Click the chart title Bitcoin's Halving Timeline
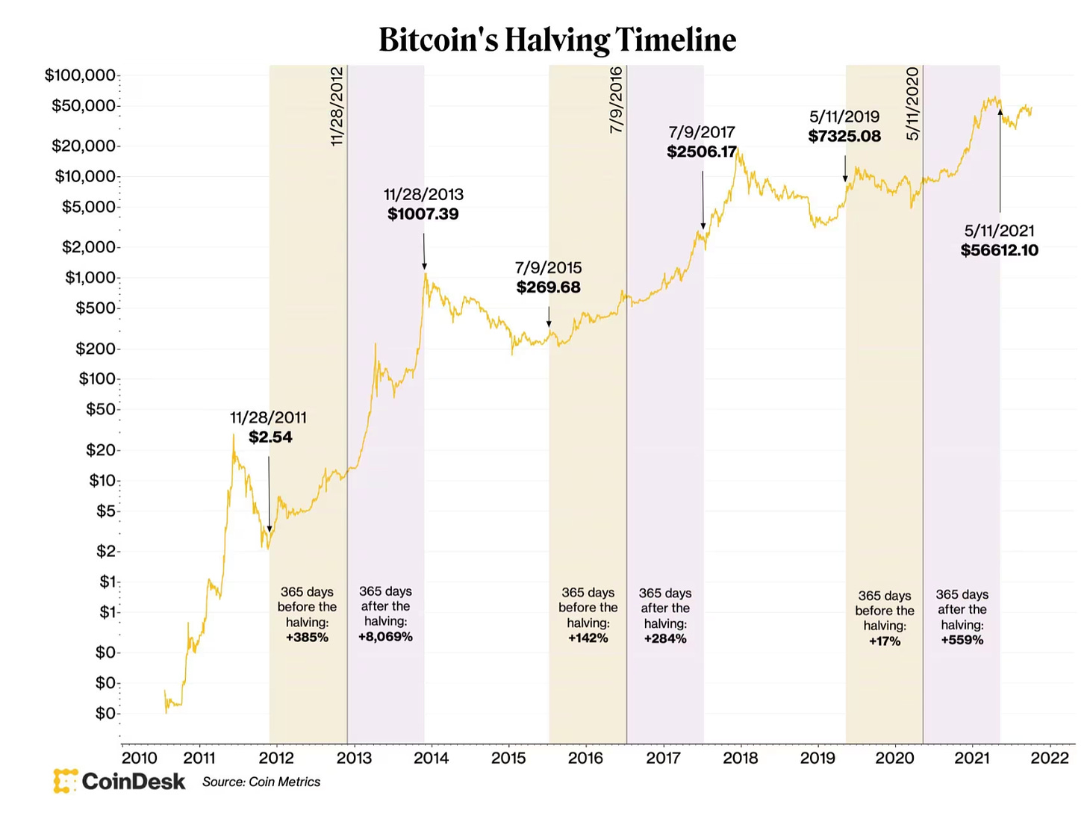pyautogui.click(x=557, y=40)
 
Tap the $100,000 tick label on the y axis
pyautogui.click(x=80, y=75)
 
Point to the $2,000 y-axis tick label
pyautogui.click(x=89, y=246)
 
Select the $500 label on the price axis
pyautogui.click(x=96, y=308)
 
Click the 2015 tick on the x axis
pyautogui.click(x=508, y=758)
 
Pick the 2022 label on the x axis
pyautogui.click(x=1050, y=758)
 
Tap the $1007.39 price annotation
pyautogui.click(x=423, y=214)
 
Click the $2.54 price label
pyautogui.click(x=270, y=437)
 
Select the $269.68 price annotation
pyautogui.click(x=548, y=287)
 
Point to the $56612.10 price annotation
pyautogui.click(x=1000, y=250)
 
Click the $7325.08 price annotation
pyautogui.click(x=844, y=136)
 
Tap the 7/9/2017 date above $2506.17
pyautogui.click(x=702, y=132)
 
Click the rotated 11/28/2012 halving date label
pyautogui.click(x=337, y=107)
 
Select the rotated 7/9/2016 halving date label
pyautogui.click(x=616, y=101)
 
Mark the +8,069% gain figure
pyautogui.click(x=385, y=637)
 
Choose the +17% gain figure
pyautogui.click(x=885, y=641)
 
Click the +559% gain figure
pyautogui.click(x=962, y=640)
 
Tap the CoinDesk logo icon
pyautogui.click(x=66, y=781)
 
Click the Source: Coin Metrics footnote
pyautogui.click(x=261, y=782)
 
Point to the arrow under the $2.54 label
pyautogui.click(x=269, y=494)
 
